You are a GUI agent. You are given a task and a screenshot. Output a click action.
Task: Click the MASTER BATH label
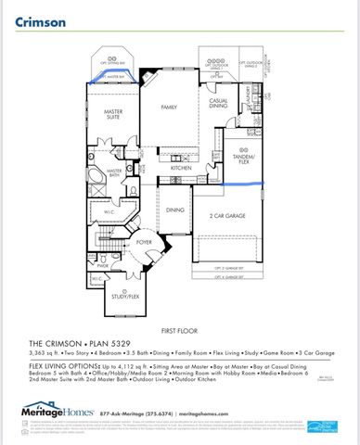[x=115, y=172]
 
